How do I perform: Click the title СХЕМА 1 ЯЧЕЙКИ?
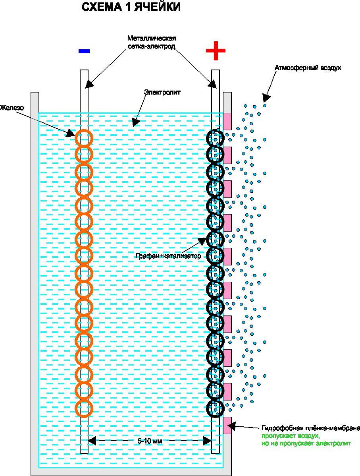pyautogui.click(x=131, y=7)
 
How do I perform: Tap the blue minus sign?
pyautogui.click(x=84, y=51)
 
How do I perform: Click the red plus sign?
pyautogui.click(x=216, y=51)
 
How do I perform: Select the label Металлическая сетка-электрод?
pyautogui.click(x=151, y=42)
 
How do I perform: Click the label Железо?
pyautogui.click(x=12, y=108)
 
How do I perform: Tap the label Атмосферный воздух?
pyautogui.click(x=308, y=68)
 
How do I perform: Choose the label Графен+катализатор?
pyautogui.click(x=168, y=256)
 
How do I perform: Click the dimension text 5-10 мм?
pyautogui.click(x=150, y=441)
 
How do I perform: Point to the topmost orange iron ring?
pyautogui.click(x=84, y=138)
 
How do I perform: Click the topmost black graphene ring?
pyautogui.click(x=216, y=138)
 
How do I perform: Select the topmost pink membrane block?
pyautogui.click(x=227, y=121)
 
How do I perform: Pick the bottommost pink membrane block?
pyautogui.click(x=227, y=425)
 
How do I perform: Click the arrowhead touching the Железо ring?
pyautogui.click(x=71, y=134)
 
